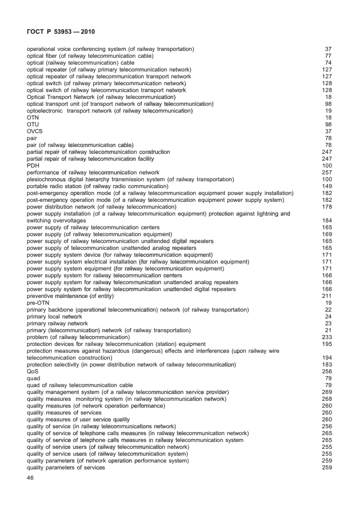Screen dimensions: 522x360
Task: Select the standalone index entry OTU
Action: (33, 124)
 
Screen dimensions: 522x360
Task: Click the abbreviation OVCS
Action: (35, 131)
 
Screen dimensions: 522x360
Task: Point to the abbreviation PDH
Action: (33, 165)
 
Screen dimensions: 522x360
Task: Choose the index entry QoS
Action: (33, 371)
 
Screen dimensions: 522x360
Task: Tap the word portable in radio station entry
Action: (38, 186)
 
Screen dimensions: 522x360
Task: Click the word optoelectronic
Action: (48, 110)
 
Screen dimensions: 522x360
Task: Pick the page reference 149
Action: (327, 186)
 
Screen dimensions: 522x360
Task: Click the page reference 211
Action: (327, 296)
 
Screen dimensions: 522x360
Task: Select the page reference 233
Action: (327, 337)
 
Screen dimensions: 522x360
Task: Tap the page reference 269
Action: (327, 392)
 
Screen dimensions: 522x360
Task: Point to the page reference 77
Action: (329, 55)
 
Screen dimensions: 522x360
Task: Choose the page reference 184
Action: (327, 220)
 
